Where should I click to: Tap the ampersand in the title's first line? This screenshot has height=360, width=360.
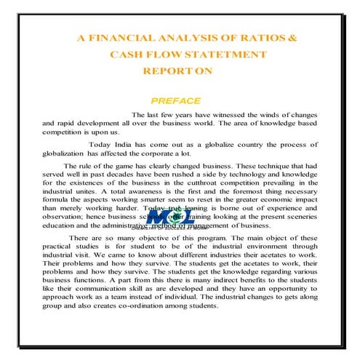(x=272, y=38)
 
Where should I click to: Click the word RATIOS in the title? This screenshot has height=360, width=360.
(x=241, y=38)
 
